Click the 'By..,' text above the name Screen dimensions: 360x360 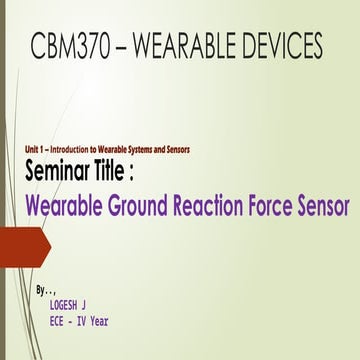pyautogui.click(x=43, y=289)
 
